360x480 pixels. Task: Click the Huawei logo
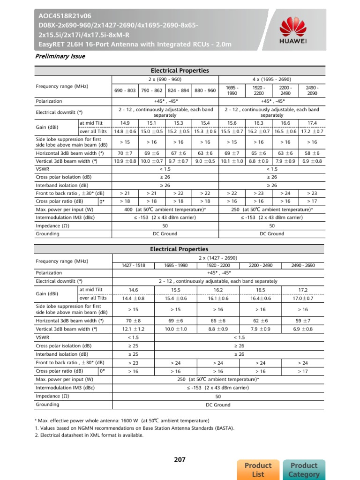click(x=293, y=30)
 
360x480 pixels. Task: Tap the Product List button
click(x=258, y=469)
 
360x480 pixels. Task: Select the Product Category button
click(x=304, y=469)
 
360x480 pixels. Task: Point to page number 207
click(x=180, y=459)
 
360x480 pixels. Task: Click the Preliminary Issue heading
click(x=60, y=56)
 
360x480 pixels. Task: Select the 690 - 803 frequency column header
click(x=125, y=90)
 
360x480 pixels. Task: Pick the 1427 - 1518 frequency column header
click(x=133, y=265)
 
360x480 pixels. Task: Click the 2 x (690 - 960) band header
click(x=165, y=79)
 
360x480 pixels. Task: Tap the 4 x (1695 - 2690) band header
click(x=272, y=79)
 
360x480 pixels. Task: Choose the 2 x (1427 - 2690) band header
click(x=218, y=258)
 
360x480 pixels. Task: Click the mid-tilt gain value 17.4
click(x=312, y=123)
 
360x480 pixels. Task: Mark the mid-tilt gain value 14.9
click(x=125, y=123)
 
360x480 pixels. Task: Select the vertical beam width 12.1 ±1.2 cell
click(x=133, y=329)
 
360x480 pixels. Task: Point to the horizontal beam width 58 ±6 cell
click(x=312, y=153)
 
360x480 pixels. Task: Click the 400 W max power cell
click(x=165, y=209)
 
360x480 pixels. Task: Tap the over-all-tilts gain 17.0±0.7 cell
click(x=303, y=298)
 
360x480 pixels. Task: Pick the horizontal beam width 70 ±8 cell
click(x=133, y=321)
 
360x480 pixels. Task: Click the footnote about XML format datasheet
click(x=89, y=435)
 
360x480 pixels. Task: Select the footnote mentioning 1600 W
click(x=122, y=420)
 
